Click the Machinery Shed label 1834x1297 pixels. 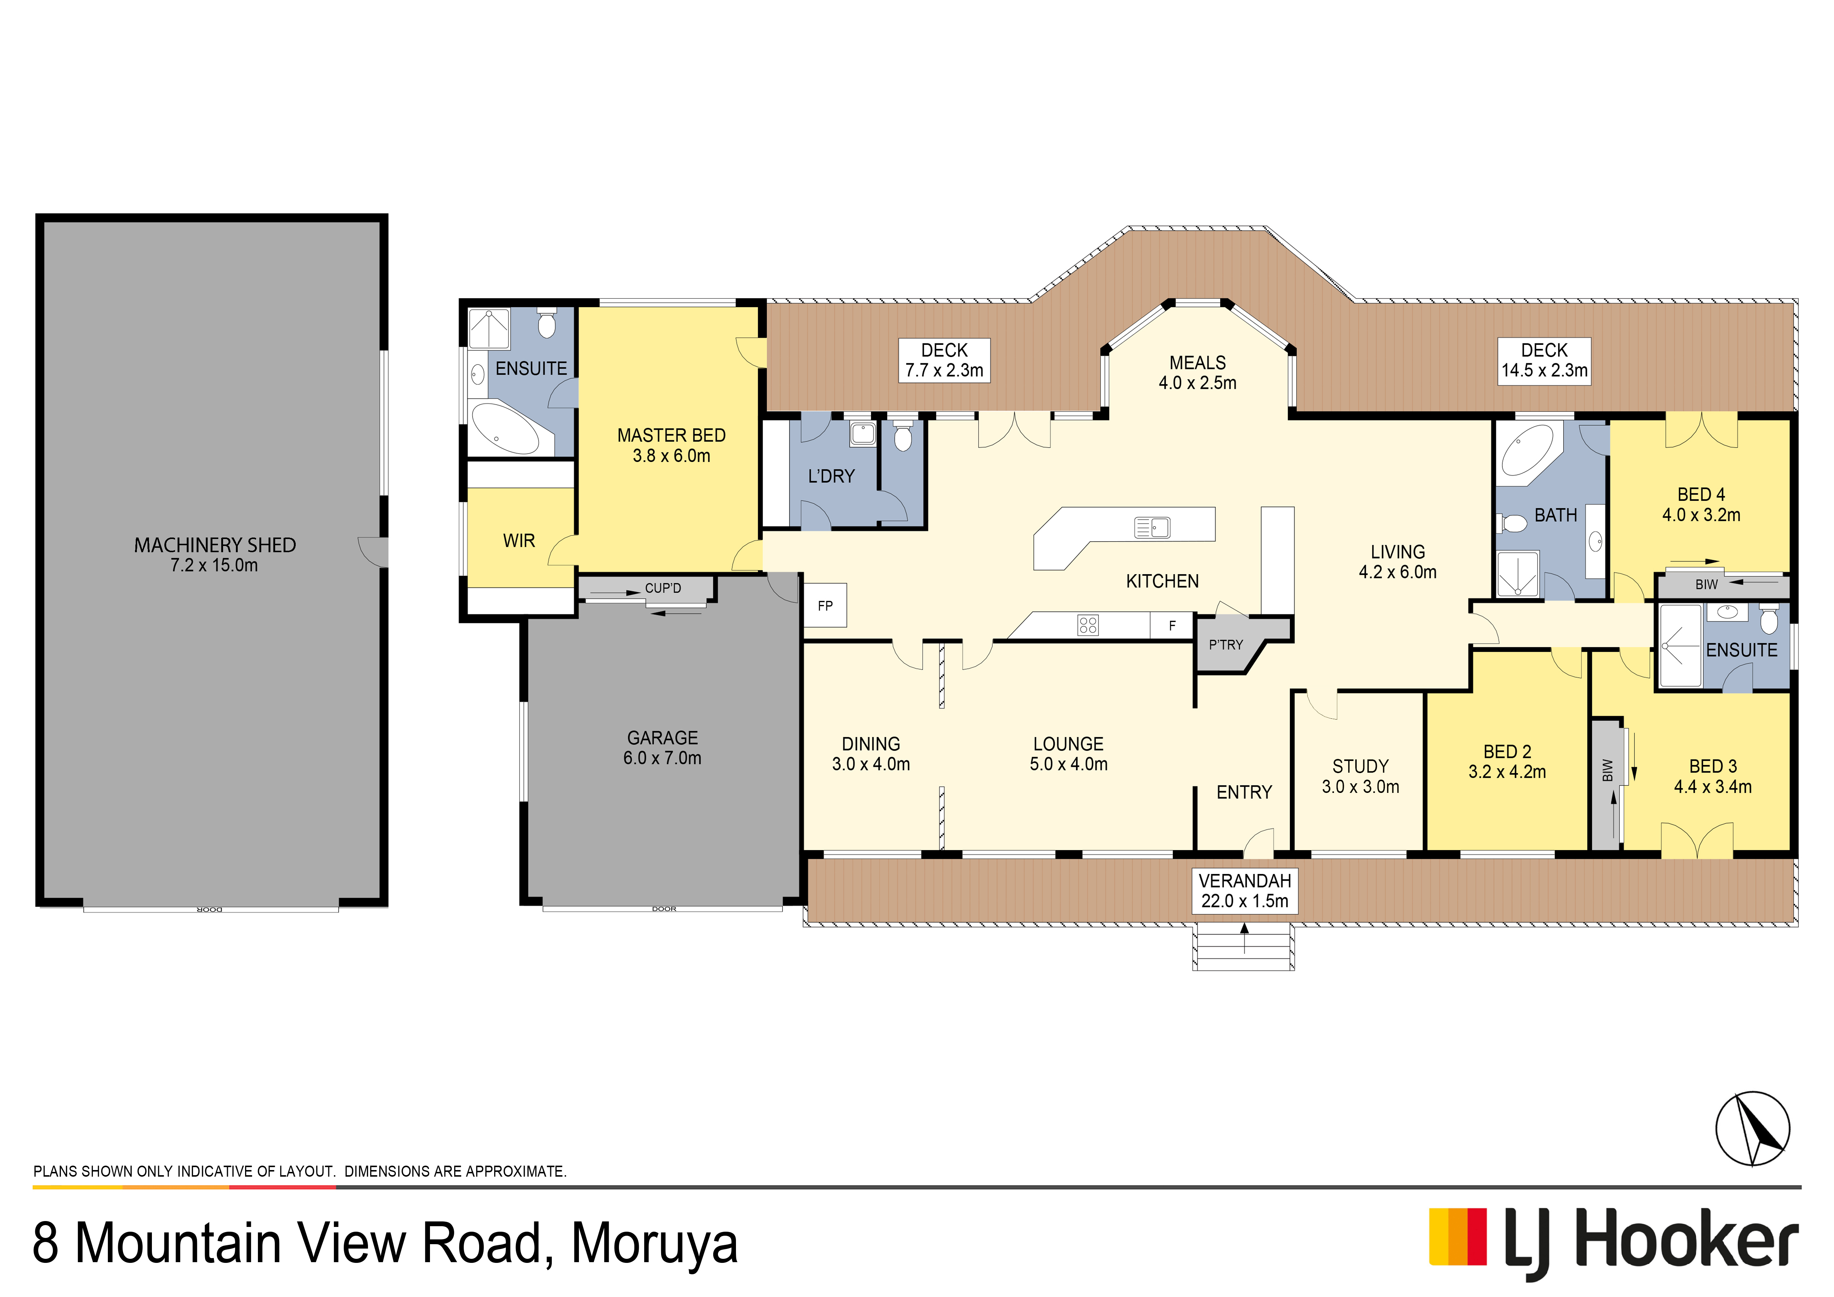[215, 554]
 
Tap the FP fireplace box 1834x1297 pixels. [825, 605]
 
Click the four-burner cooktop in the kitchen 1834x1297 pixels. [1088, 624]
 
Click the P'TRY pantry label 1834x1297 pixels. [1225, 645]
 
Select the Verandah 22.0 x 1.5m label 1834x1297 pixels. [1244, 890]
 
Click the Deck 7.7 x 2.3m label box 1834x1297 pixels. [944, 360]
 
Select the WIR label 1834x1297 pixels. [519, 541]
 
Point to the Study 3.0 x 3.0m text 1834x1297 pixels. [1360, 776]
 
